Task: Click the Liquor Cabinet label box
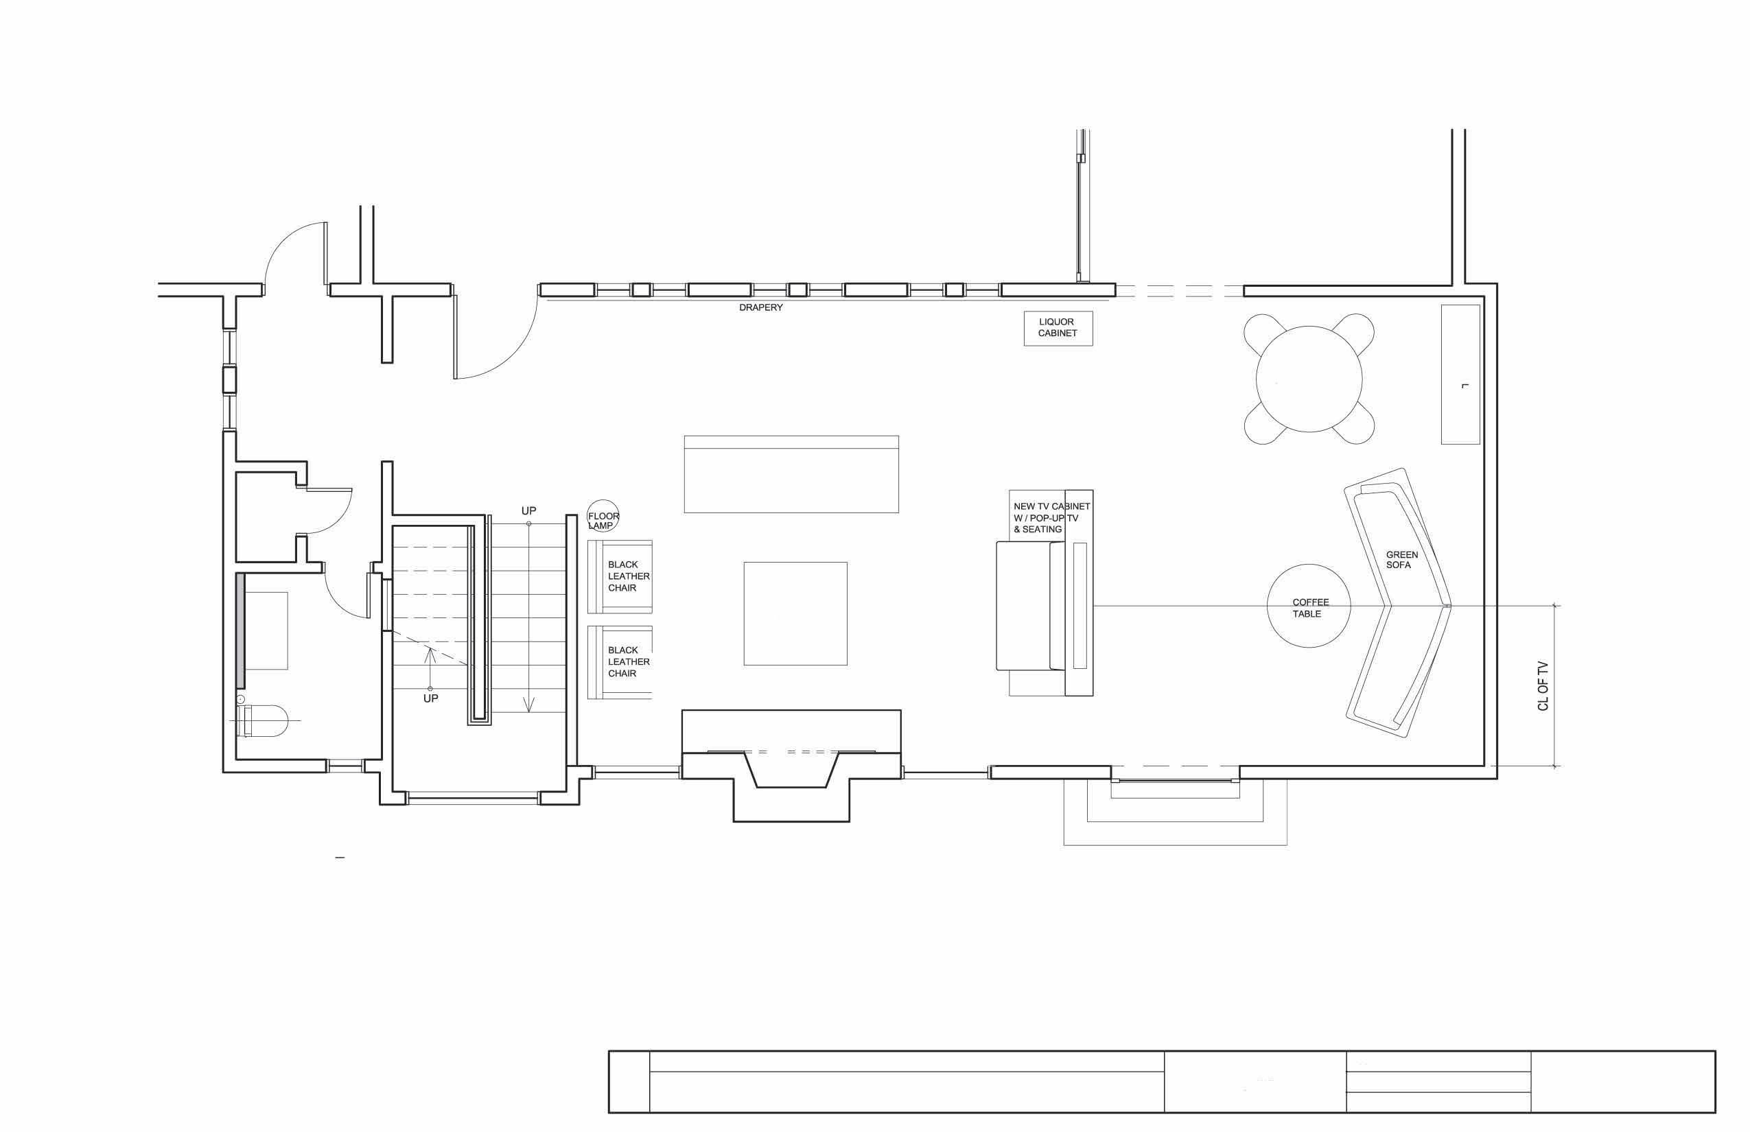tap(1058, 328)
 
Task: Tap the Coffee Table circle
tap(1308, 606)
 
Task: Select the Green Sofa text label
tap(1401, 559)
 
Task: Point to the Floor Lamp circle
tap(603, 517)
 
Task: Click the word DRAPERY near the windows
tap(760, 307)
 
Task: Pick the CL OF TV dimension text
tap(1543, 686)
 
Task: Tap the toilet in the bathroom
tap(265, 720)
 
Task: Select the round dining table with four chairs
tap(1309, 379)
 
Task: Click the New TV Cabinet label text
tap(1050, 517)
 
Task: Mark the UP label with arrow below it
tap(528, 511)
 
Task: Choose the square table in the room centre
tap(795, 614)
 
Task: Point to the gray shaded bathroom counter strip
tap(240, 630)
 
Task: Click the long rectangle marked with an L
tap(1460, 374)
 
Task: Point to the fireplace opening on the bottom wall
tap(791, 768)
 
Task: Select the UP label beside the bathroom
tap(430, 698)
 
